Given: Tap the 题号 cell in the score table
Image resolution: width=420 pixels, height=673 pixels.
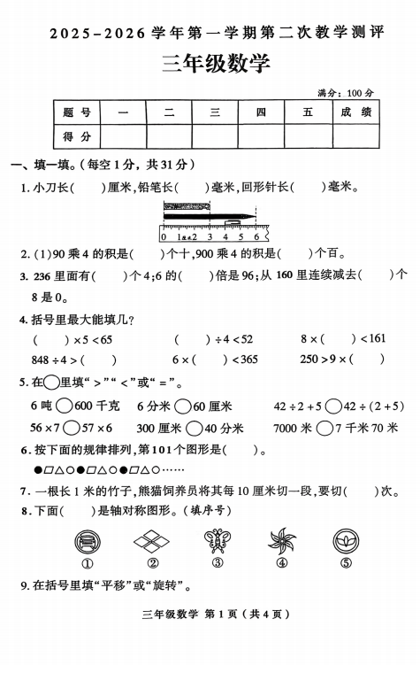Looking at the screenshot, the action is (77, 112).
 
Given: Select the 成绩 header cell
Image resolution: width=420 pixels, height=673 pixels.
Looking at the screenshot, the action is (355, 112).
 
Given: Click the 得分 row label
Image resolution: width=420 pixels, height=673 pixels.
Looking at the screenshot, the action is (77, 136).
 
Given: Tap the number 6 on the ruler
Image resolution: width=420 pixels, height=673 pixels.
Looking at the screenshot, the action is (256, 236).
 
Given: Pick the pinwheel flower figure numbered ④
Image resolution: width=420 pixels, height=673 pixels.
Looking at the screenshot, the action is (282, 540).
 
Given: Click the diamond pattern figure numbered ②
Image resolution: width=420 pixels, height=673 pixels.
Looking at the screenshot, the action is (152, 540).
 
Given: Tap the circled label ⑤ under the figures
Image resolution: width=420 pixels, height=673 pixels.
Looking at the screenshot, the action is (346, 563).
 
